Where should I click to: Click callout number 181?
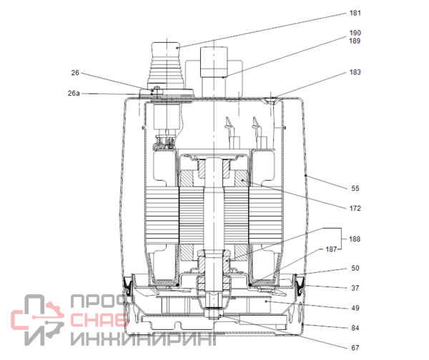point(355,13)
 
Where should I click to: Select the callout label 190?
point(355,33)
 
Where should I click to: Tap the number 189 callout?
point(355,41)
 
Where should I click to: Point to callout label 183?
point(355,72)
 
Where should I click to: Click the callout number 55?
point(355,189)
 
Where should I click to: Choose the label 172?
point(355,209)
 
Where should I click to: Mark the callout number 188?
point(355,239)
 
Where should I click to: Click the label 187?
point(331,249)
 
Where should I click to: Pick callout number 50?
point(355,268)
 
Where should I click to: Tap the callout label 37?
point(355,288)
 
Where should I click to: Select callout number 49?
point(355,308)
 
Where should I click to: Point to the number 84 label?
point(355,328)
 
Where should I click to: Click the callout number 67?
point(355,348)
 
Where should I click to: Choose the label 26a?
point(74,94)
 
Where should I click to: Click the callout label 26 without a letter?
point(75,73)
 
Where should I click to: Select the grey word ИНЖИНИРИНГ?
point(144,339)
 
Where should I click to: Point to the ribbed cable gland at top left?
point(166,66)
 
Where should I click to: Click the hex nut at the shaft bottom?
point(214,314)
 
